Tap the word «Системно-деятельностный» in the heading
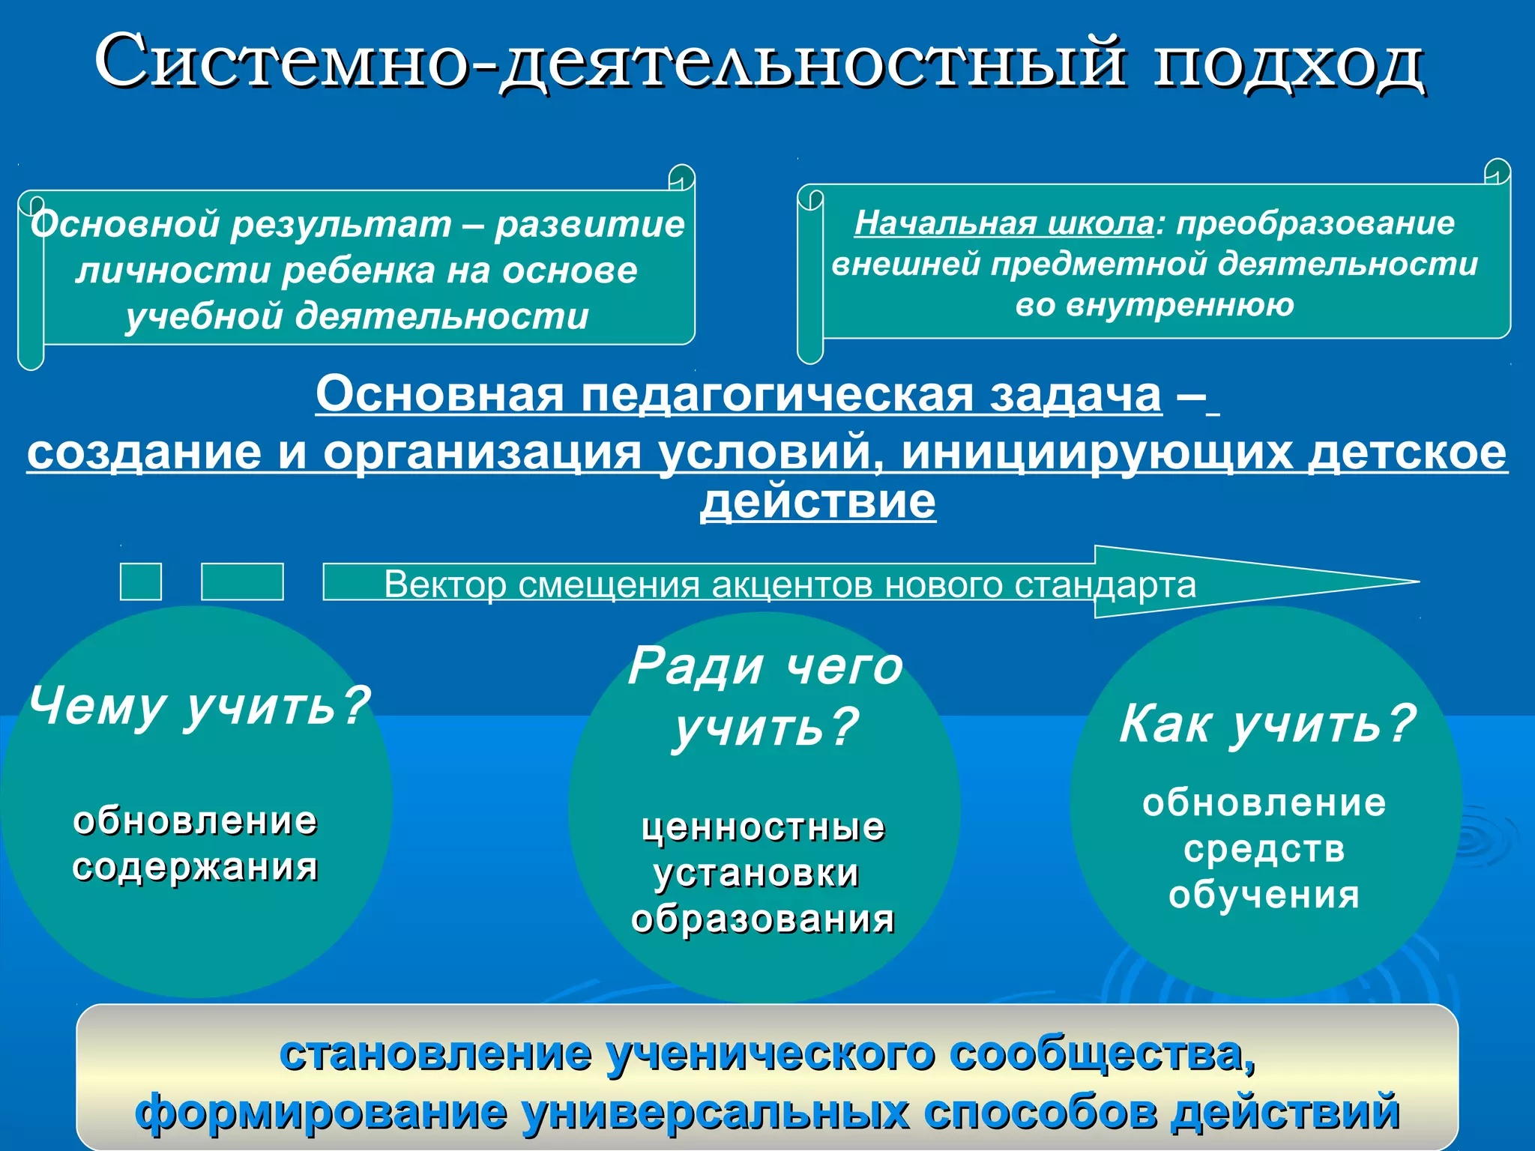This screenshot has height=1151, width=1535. (x=609, y=61)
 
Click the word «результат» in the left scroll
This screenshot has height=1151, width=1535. (x=341, y=225)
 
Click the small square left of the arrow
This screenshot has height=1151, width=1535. (x=141, y=582)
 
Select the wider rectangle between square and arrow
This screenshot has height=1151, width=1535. (x=242, y=582)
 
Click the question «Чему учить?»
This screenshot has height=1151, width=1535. (x=199, y=706)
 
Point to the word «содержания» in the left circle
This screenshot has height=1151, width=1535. (x=196, y=868)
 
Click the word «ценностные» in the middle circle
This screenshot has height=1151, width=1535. (x=764, y=828)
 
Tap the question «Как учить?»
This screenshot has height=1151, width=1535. (x=1267, y=724)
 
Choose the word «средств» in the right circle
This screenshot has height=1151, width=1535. (x=1264, y=849)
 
